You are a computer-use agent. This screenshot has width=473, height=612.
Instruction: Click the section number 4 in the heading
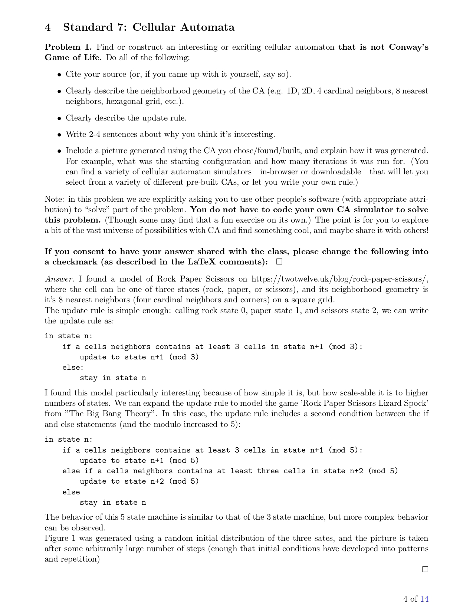pos(48,27)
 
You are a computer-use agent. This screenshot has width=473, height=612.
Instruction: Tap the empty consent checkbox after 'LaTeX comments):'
pos(279,262)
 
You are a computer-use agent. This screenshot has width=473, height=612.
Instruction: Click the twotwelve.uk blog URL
pos(340,279)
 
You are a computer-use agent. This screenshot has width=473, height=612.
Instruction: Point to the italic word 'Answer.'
pos(60,279)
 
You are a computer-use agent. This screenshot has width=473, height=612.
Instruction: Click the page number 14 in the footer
pos(424,599)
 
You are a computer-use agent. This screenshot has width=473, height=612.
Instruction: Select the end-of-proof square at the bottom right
pos(425,569)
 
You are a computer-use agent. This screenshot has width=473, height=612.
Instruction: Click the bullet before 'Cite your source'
pos(59,75)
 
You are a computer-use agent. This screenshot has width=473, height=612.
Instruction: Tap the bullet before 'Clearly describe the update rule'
pos(59,118)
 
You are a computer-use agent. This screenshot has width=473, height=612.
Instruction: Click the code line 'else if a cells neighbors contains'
pos(230,471)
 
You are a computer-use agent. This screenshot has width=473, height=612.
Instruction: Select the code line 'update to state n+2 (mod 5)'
pos(139,481)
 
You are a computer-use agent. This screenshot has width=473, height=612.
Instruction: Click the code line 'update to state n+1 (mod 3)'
pos(139,357)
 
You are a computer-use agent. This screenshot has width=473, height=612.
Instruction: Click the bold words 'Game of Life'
pos(72,57)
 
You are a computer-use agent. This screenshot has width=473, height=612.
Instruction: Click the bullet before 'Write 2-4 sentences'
pos(59,135)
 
